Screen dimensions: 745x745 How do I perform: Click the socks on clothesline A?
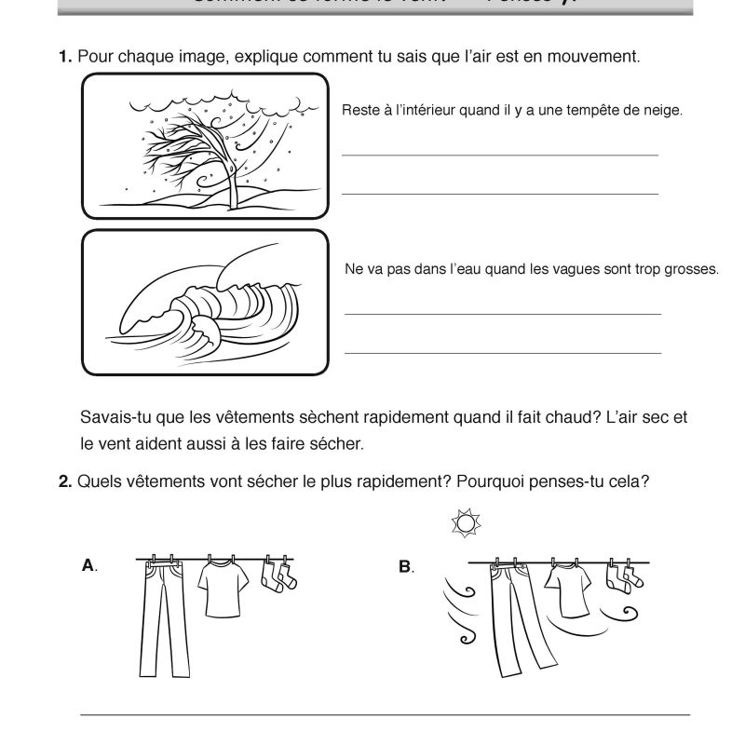pyautogui.click(x=277, y=576)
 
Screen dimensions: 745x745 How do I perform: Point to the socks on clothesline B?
pyautogui.click(x=619, y=576)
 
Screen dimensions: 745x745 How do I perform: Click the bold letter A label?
pyautogui.click(x=89, y=565)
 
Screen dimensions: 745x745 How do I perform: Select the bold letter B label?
pyautogui.click(x=405, y=565)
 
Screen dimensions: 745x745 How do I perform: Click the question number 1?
pyautogui.click(x=65, y=57)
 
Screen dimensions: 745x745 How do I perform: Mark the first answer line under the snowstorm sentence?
pyautogui.click(x=500, y=155)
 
